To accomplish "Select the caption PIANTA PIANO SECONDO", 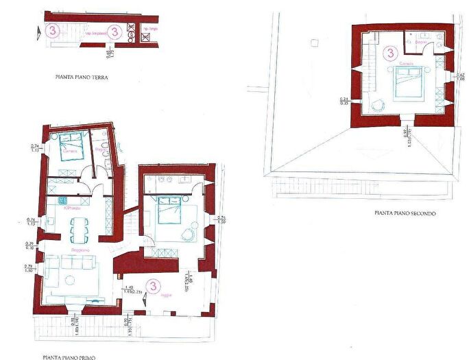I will (405, 213).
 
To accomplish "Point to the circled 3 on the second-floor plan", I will (391, 53).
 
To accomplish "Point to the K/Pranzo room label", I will (72, 208).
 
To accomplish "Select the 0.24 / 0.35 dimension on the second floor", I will (344, 102).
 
